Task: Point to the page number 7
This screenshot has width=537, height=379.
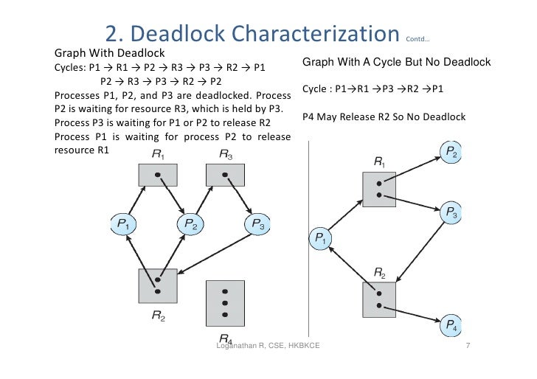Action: click(468, 345)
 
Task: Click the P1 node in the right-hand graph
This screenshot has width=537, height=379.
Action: click(322, 237)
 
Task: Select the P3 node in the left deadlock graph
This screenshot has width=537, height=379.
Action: click(256, 224)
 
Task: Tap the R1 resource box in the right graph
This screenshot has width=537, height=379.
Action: click(379, 189)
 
